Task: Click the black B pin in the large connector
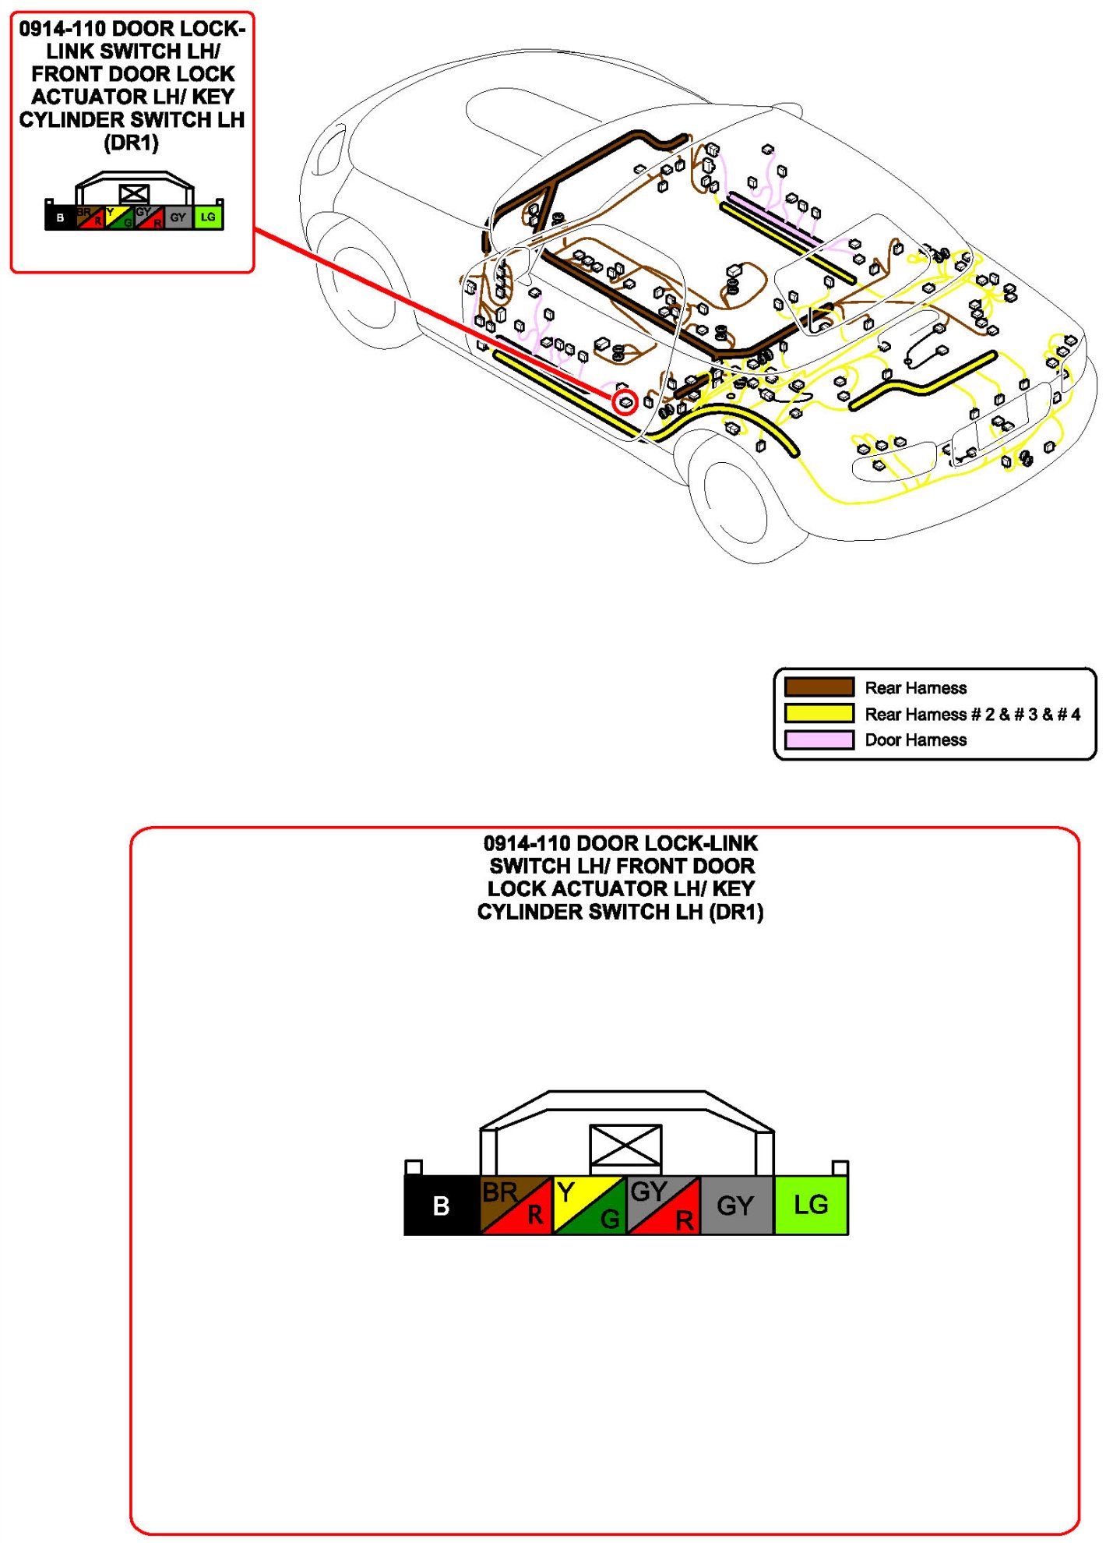[441, 1205]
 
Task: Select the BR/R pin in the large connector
[516, 1205]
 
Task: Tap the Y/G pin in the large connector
[590, 1205]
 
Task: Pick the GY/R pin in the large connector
[663, 1205]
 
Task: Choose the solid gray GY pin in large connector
[736, 1205]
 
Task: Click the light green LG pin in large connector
[811, 1205]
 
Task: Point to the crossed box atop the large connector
[625, 1146]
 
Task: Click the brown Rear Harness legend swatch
[819, 687]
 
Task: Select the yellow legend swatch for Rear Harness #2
[819, 713]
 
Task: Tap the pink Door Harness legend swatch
[819, 740]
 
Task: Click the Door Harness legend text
[915, 740]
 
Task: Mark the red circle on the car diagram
[625, 402]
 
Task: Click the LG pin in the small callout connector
[208, 217]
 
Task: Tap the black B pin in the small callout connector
[60, 217]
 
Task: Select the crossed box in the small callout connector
[134, 193]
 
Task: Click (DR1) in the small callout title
[132, 143]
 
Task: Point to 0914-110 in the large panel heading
[527, 843]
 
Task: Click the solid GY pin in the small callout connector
[178, 217]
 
